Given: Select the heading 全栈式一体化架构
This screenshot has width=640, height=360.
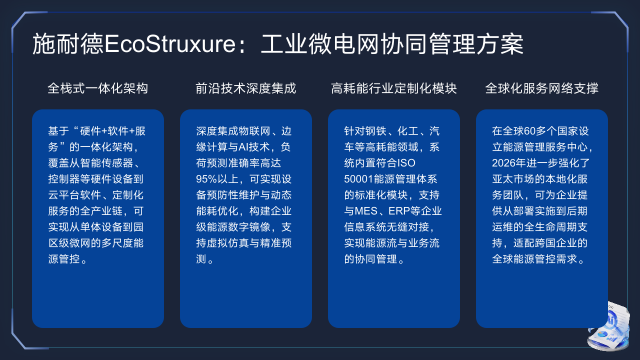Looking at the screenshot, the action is tap(98, 89).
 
